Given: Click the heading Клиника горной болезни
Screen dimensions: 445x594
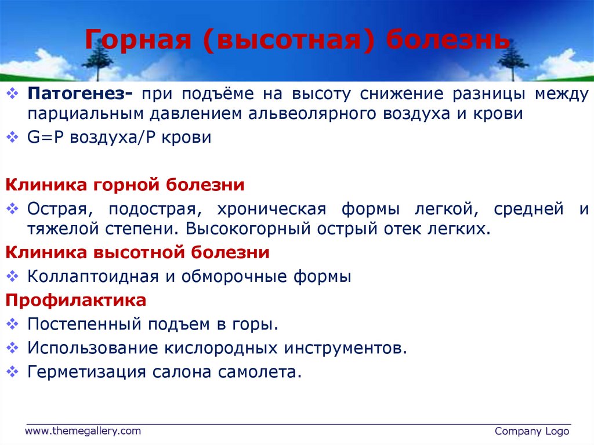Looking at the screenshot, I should (125, 185).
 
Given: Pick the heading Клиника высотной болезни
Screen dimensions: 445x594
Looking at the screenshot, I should (137, 253).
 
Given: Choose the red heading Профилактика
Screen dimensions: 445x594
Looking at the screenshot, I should (76, 301).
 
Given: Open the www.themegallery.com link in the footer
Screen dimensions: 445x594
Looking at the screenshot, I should (82, 430).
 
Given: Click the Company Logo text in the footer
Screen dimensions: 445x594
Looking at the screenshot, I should (532, 431).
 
